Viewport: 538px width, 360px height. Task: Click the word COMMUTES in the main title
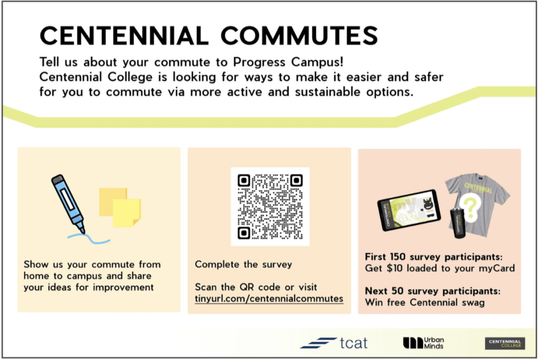pyautogui.click(x=299, y=35)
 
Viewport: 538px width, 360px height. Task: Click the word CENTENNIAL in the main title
pyautogui.click(x=124, y=35)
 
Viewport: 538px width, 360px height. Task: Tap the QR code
pyautogui.click(x=270, y=207)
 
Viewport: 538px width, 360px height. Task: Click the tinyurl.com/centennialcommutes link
pyautogui.click(x=269, y=298)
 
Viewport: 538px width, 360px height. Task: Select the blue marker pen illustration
pyautogui.click(x=68, y=203)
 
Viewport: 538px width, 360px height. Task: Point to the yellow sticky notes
pyautogui.click(x=120, y=207)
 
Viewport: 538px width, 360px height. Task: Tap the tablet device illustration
pyautogui.click(x=409, y=210)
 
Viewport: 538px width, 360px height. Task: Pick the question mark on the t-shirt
pyautogui.click(x=470, y=208)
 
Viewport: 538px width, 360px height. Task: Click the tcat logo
pyautogui.click(x=334, y=343)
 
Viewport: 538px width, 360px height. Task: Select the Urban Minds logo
pyautogui.click(x=423, y=343)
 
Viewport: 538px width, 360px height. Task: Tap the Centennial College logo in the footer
pyautogui.click(x=505, y=344)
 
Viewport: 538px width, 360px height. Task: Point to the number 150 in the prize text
pyautogui.click(x=398, y=257)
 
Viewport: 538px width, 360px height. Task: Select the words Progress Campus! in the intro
pyautogui.click(x=288, y=62)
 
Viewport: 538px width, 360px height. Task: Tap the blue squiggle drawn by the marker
pyautogui.click(x=88, y=238)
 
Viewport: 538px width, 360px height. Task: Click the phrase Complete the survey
pyautogui.click(x=243, y=265)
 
